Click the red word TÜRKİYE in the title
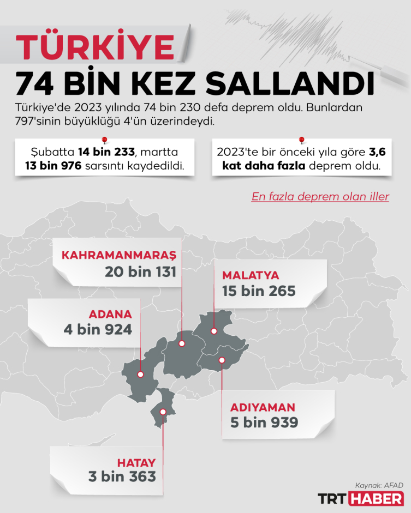tap(96, 47)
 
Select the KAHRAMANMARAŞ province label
tap(119, 255)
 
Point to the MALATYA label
tap(251, 275)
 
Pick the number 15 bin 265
tap(259, 291)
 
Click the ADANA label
tap(111, 314)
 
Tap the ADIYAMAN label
tap(263, 407)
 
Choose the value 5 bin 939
tap(264, 423)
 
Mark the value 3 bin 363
tap(122, 476)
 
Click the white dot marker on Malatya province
tap(214, 331)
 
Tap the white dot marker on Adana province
tap(140, 375)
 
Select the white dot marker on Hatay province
tap(163, 412)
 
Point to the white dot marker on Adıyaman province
tap(222, 360)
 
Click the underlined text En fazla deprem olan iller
tap(320, 197)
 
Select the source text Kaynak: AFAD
tap(379, 485)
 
